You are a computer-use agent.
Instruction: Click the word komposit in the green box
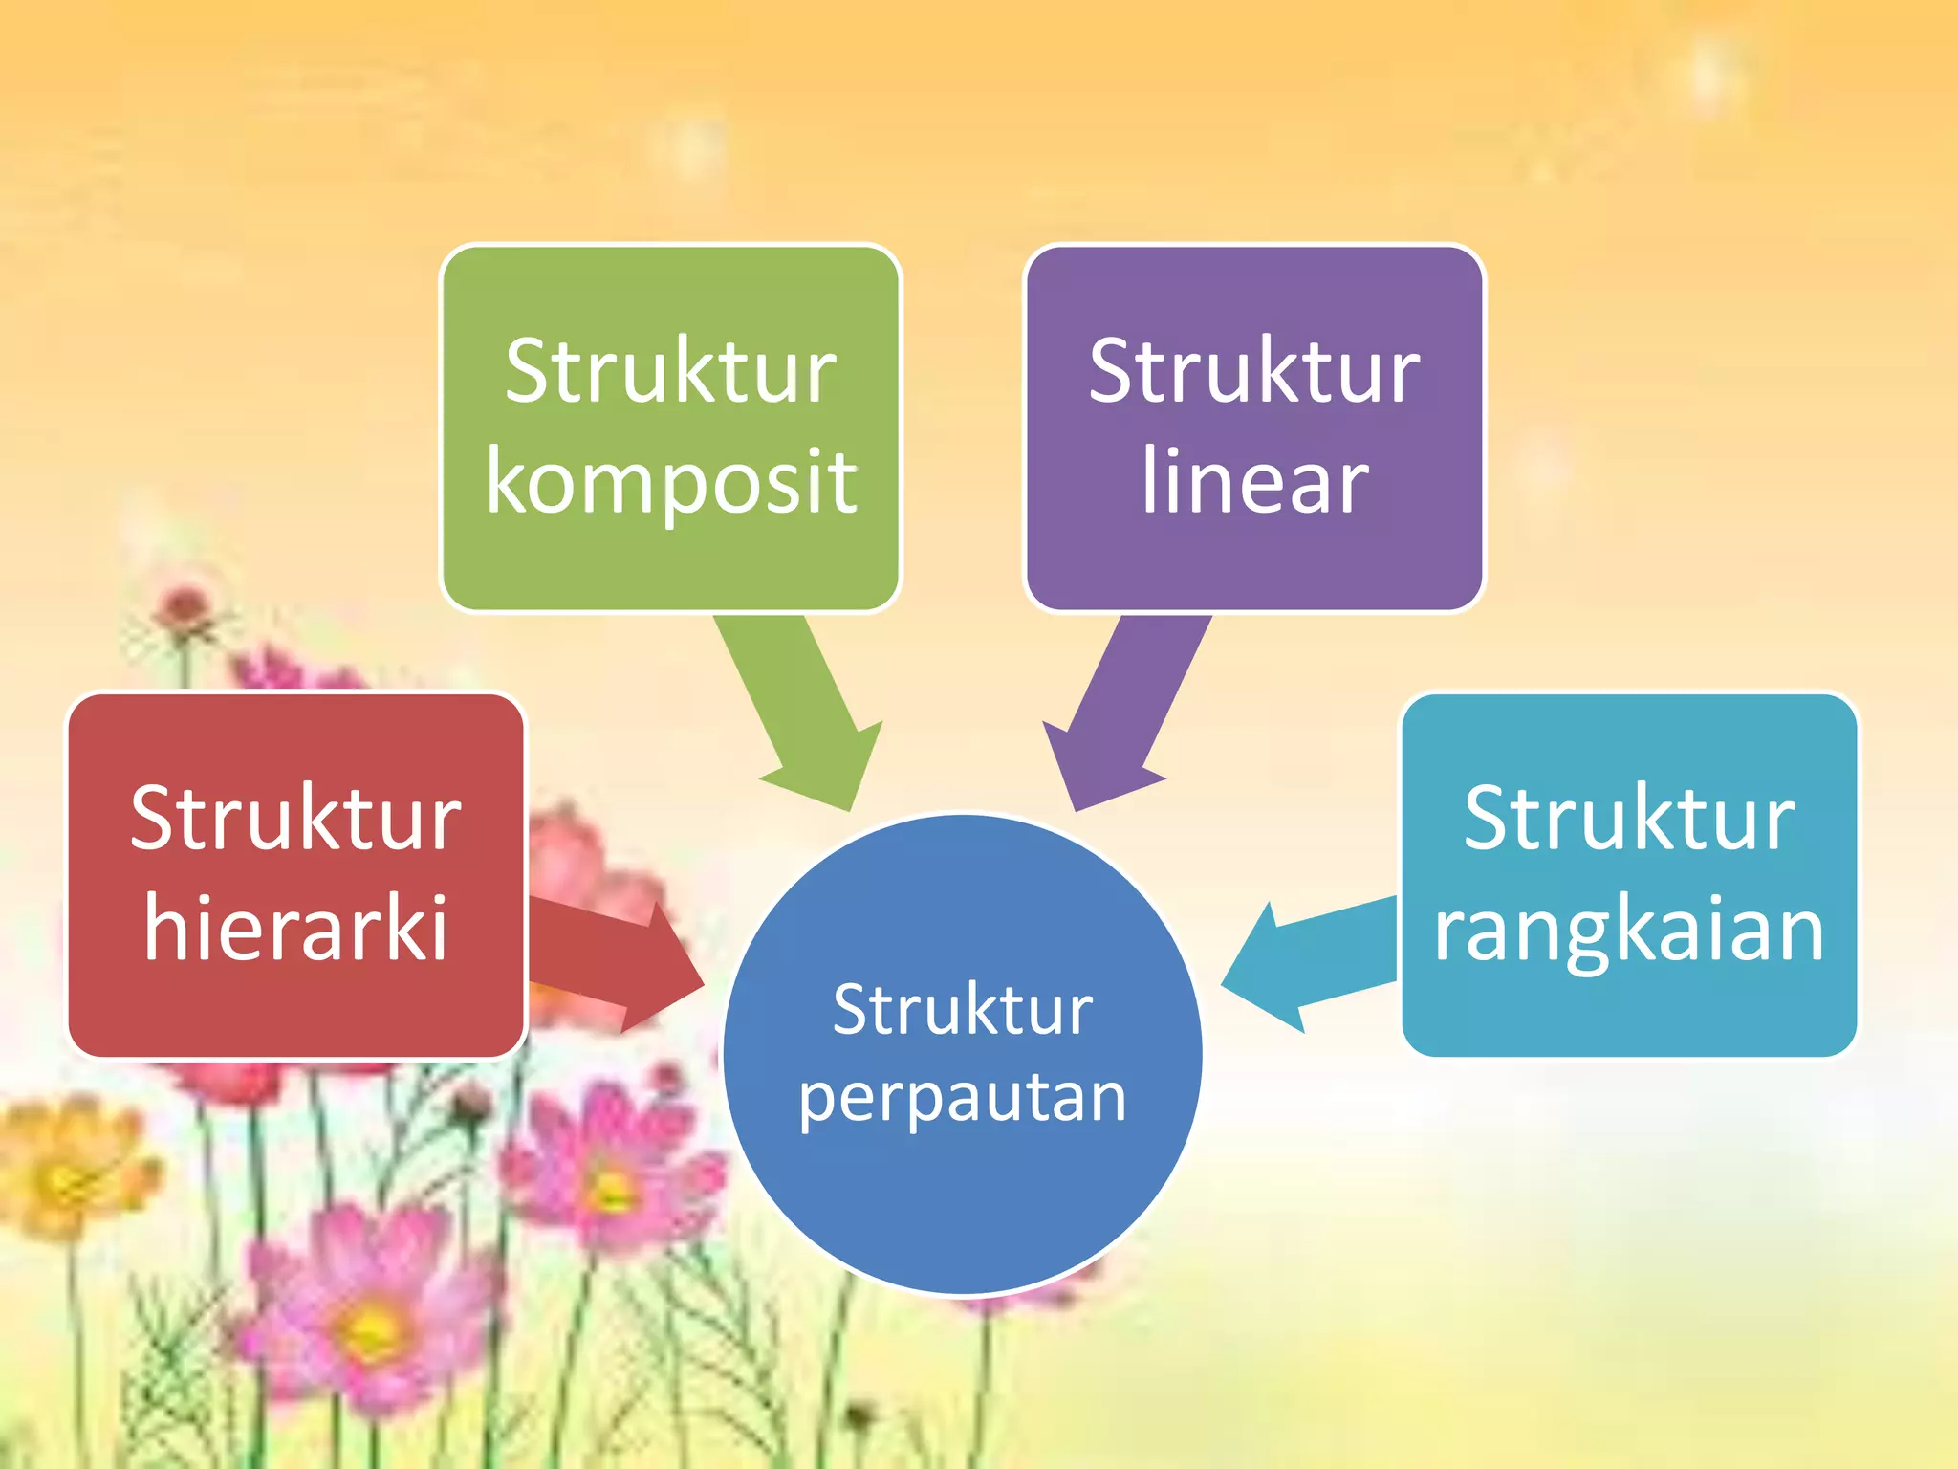click(671, 481)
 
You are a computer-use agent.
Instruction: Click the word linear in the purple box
click(1254, 481)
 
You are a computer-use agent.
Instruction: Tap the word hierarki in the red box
click(295, 927)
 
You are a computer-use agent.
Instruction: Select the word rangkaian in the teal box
click(1628, 929)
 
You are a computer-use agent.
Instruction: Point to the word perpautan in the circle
click(962, 1098)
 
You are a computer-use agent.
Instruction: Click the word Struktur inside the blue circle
click(962, 1010)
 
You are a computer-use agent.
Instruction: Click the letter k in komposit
click(511, 481)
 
